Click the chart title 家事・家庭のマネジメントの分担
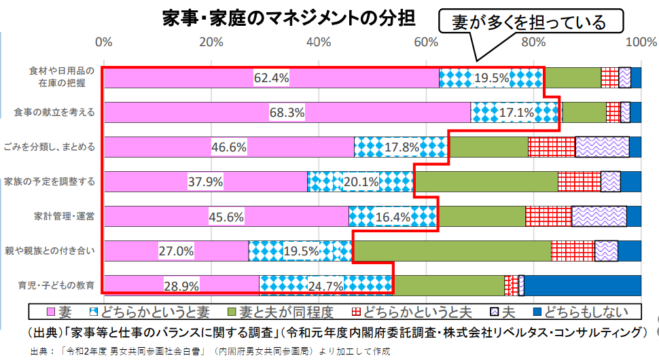289,17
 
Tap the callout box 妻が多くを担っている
530,22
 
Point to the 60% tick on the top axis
426,42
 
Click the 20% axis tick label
211,42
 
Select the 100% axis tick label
639,42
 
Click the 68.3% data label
287,112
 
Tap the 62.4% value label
271,78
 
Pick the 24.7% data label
325,286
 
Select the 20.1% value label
361,181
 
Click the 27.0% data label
176,251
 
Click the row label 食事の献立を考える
54,112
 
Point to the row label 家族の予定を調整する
49,181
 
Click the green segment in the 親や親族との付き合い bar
452,251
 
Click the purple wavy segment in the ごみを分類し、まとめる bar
602,147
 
